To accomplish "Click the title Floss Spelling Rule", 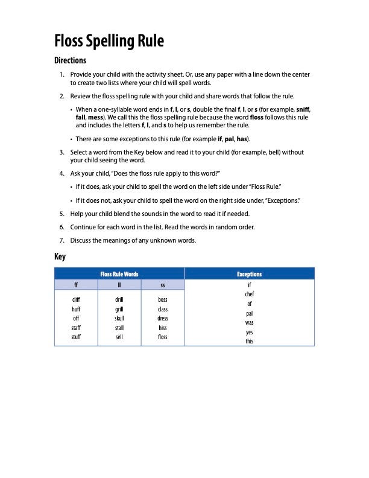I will (109, 41).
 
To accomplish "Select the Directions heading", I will (70, 60).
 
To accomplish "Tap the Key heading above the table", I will (60, 257).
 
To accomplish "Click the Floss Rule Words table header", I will (119, 274).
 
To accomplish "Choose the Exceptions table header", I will (250, 274).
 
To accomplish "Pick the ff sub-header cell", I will (76, 284).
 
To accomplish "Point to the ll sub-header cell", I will (119, 284).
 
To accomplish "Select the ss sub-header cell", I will (163, 284).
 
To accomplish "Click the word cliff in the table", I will (76, 299).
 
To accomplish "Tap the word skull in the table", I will (119, 318).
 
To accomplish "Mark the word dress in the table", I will (163, 318).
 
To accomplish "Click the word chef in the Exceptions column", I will (250, 294).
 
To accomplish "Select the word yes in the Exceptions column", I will (250, 332).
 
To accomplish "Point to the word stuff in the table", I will (76, 337).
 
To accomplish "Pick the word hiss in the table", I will (163, 328).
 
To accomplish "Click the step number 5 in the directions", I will (61, 214).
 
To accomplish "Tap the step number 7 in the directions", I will (61, 240).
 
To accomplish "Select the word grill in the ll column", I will (119, 309).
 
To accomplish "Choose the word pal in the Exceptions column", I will (250, 313).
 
